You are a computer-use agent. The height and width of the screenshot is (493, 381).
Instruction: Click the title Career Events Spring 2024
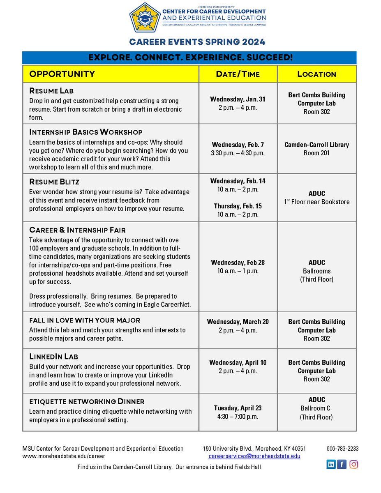coord(197,42)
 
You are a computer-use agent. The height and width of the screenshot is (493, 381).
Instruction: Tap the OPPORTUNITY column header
coord(62,74)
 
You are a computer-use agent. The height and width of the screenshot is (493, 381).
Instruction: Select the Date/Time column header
coord(238,74)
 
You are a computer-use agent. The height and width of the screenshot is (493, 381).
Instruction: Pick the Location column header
coord(316,74)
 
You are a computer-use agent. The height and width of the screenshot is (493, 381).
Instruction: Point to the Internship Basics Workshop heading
coord(85,132)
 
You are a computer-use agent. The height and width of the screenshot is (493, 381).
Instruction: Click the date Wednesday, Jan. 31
coord(238,99)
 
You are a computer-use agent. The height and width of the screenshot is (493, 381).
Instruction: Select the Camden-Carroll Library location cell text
coord(316,145)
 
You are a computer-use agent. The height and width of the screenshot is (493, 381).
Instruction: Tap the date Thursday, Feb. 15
coord(238,206)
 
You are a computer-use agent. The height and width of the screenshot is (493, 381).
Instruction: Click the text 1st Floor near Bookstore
coord(316,202)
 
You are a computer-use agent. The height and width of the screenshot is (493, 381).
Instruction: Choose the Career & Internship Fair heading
coord(77,230)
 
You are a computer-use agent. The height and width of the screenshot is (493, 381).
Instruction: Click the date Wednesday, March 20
coord(238,322)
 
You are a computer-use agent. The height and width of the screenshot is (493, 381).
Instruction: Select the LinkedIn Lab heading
coord(53,356)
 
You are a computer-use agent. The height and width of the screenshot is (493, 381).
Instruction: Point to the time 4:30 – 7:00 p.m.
coord(238,417)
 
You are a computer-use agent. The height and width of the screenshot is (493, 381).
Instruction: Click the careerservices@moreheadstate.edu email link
coord(254,456)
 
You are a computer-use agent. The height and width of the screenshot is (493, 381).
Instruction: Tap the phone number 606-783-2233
coord(342,449)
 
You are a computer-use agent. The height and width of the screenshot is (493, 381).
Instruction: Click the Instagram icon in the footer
coord(353,464)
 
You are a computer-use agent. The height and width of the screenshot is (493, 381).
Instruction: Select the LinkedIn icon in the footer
coord(331,464)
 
